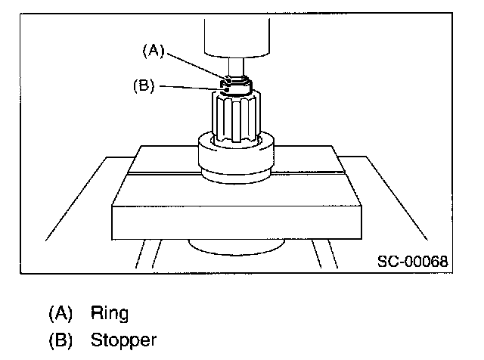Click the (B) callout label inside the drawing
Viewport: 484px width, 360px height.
point(143,86)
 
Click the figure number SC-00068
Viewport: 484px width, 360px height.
point(413,262)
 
